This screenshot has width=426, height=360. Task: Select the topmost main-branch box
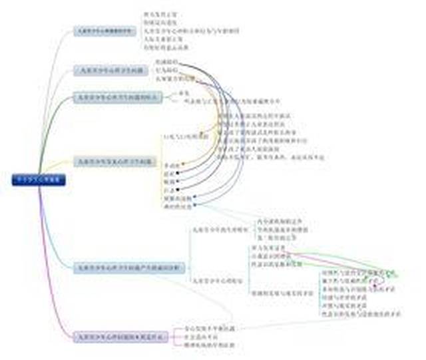[103, 31]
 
